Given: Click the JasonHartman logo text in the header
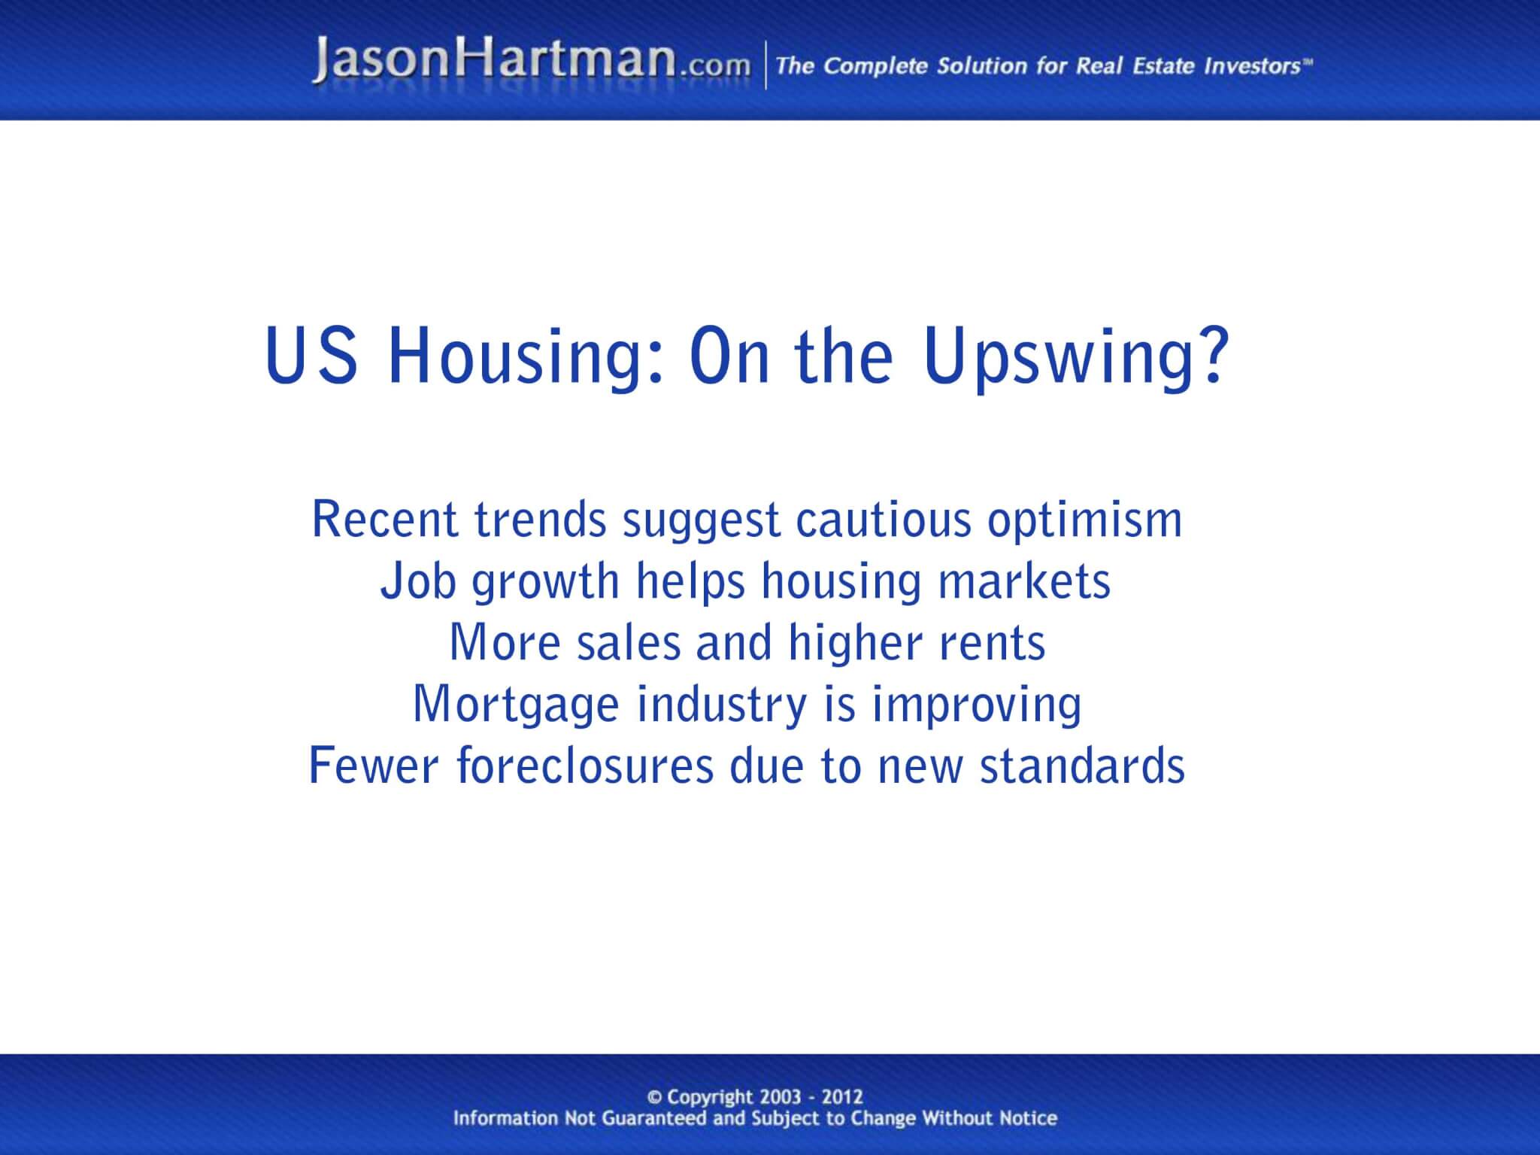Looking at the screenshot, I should tap(495, 60).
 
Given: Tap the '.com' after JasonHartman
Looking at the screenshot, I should tap(714, 66).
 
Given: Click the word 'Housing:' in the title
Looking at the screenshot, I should tap(526, 357).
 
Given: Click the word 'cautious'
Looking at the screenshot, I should tap(884, 520).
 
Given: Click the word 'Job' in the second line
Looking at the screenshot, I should tap(417, 582).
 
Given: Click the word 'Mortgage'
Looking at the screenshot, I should tap(514, 705).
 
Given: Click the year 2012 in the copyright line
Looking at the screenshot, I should tap(841, 1097).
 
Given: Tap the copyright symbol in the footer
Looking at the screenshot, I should tap(654, 1097).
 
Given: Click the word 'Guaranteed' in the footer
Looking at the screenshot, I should tap(649, 1118).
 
